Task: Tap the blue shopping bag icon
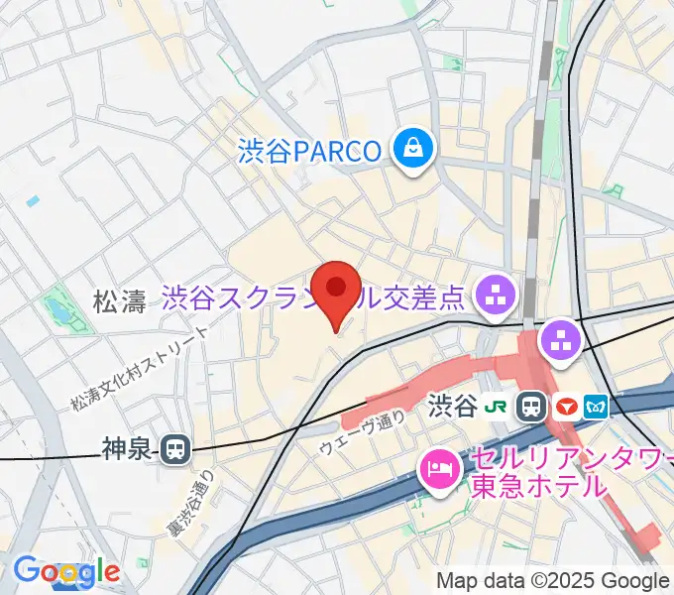(x=409, y=151)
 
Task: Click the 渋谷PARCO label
(x=309, y=152)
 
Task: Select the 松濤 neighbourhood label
(x=119, y=301)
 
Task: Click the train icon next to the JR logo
(x=532, y=406)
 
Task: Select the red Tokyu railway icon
(x=566, y=406)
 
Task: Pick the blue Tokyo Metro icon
(x=598, y=406)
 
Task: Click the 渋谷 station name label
(x=454, y=406)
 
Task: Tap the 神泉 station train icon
(x=175, y=450)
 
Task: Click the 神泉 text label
(x=126, y=450)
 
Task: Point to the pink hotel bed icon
(x=439, y=467)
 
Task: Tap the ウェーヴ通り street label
(x=362, y=431)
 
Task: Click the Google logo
(x=66, y=571)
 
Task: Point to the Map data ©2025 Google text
(x=553, y=581)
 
